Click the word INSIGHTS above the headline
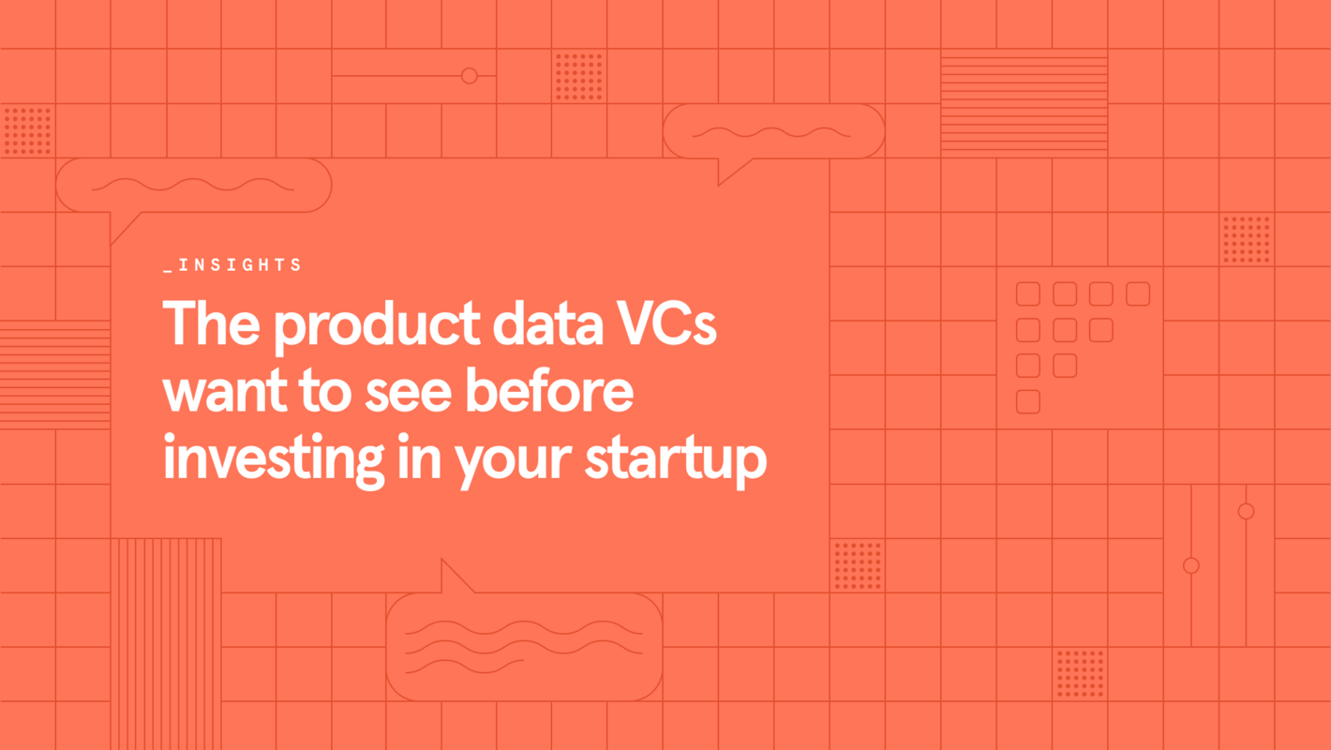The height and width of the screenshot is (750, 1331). [239, 265]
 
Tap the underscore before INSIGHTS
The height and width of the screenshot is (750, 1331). [168, 271]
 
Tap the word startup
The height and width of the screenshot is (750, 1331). [676, 463]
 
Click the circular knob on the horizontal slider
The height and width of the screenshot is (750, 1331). [470, 76]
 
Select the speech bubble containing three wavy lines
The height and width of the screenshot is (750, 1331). [524, 647]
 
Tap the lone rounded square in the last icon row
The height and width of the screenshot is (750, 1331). [1028, 401]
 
